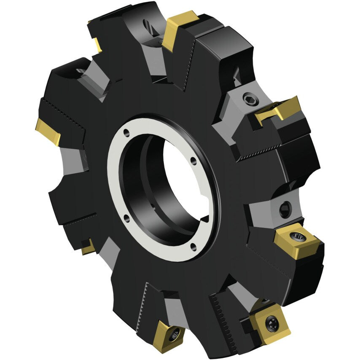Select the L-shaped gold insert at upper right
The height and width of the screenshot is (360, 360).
tap(279, 109)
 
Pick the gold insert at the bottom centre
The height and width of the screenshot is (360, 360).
tap(168, 335)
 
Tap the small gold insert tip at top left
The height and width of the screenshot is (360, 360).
tap(97, 45)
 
